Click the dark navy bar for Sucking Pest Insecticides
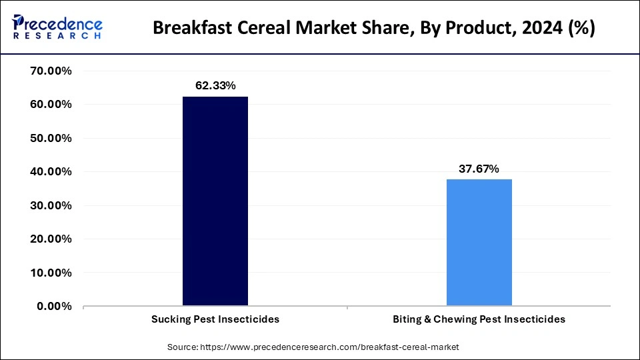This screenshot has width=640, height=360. [215, 201]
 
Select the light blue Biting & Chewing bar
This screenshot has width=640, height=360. [479, 243]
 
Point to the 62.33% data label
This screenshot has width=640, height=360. [215, 85]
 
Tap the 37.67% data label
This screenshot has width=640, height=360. [479, 169]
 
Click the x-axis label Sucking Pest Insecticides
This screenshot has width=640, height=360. [215, 319]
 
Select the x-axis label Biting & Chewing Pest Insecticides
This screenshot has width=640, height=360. [479, 319]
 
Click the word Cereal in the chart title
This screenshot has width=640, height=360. [263, 29]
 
